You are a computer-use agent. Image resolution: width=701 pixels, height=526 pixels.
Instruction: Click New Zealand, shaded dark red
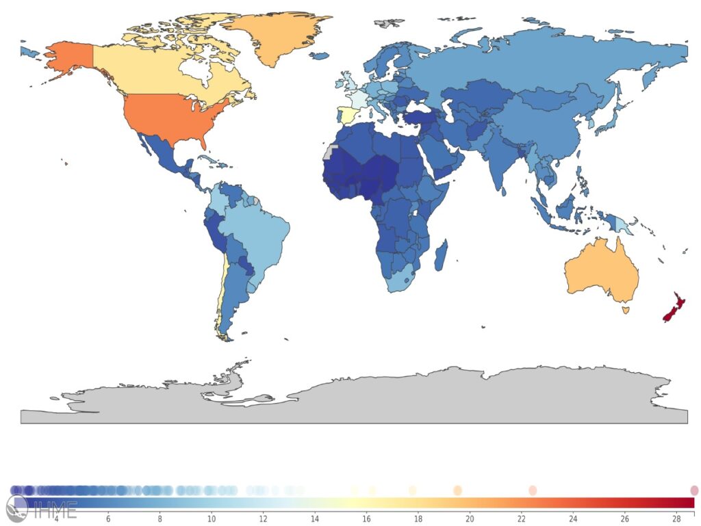click(674, 307)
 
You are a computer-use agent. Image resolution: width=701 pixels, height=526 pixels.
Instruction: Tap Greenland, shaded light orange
click(274, 38)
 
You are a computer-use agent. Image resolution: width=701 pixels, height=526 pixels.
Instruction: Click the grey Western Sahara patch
click(331, 152)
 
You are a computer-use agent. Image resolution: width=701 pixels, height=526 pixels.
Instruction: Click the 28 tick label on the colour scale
click(676, 518)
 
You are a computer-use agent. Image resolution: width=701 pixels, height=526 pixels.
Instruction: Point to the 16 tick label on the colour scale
click(367, 518)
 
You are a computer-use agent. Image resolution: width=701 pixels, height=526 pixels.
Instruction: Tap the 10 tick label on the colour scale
click(212, 518)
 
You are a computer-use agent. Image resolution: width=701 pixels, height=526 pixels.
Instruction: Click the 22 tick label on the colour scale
click(522, 518)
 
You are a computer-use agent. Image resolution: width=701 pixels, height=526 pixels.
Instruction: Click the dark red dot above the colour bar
click(694, 490)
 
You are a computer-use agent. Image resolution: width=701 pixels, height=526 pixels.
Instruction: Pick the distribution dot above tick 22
click(533, 490)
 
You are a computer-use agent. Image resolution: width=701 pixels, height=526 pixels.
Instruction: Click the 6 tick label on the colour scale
click(108, 518)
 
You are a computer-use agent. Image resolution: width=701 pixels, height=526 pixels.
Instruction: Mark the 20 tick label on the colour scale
click(470, 518)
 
